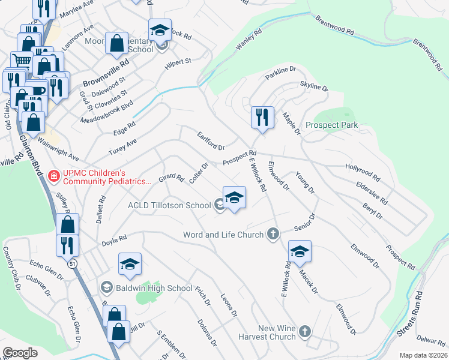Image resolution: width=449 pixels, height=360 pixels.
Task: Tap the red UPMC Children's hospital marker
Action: tap(53, 175)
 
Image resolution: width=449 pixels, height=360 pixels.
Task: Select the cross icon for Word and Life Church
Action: tap(273, 234)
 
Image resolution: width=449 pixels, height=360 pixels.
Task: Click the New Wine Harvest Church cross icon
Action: tap(305, 332)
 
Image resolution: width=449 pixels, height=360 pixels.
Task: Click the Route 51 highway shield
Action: tap(73, 265)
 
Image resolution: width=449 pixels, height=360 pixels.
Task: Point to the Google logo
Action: tap(20, 353)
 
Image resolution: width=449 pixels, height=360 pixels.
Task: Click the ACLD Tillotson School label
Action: tap(169, 205)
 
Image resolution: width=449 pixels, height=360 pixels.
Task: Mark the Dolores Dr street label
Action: tap(206, 332)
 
